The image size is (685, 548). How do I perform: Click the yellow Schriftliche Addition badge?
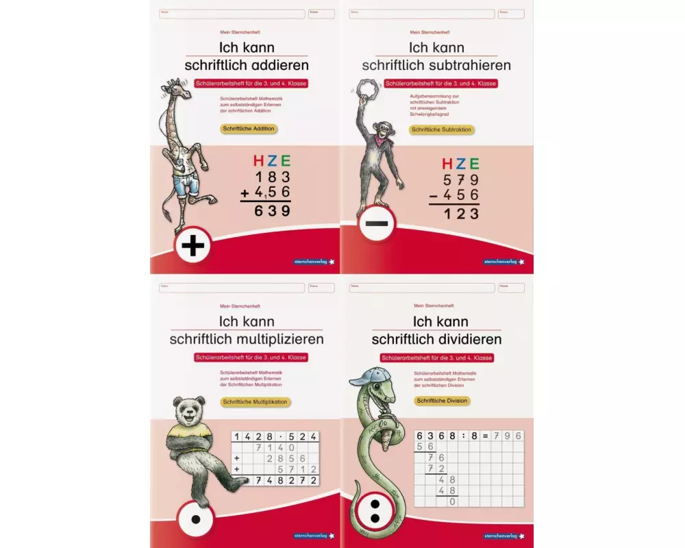pos(248,128)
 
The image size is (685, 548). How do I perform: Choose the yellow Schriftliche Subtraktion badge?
pos(442,129)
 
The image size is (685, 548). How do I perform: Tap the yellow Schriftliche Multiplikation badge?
pos(254,402)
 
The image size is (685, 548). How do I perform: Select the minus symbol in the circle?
pos(376,223)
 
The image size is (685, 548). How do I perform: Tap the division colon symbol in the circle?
pos(375,510)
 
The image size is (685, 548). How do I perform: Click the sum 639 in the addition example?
pos(272,211)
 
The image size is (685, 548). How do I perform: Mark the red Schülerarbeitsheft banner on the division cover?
pos(437,358)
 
